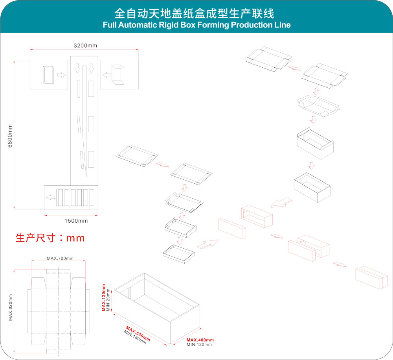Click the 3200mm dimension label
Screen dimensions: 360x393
[x=85, y=45]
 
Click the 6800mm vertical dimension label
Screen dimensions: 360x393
[x=10, y=136]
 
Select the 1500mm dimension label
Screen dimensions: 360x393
[x=76, y=221]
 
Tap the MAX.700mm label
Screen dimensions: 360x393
[x=60, y=258]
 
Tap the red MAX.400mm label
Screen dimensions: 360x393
[x=200, y=340]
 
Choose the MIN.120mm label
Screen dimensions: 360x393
[x=199, y=345]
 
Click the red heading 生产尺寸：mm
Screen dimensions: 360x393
[x=50, y=238]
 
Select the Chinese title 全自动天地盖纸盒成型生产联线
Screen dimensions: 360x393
[x=194, y=13]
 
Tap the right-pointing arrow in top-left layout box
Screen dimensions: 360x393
[x=61, y=74]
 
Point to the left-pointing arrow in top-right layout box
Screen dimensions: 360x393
[x=106, y=74]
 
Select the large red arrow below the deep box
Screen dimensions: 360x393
[x=281, y=202]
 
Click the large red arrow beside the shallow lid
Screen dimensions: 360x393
[x=208, y=244]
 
